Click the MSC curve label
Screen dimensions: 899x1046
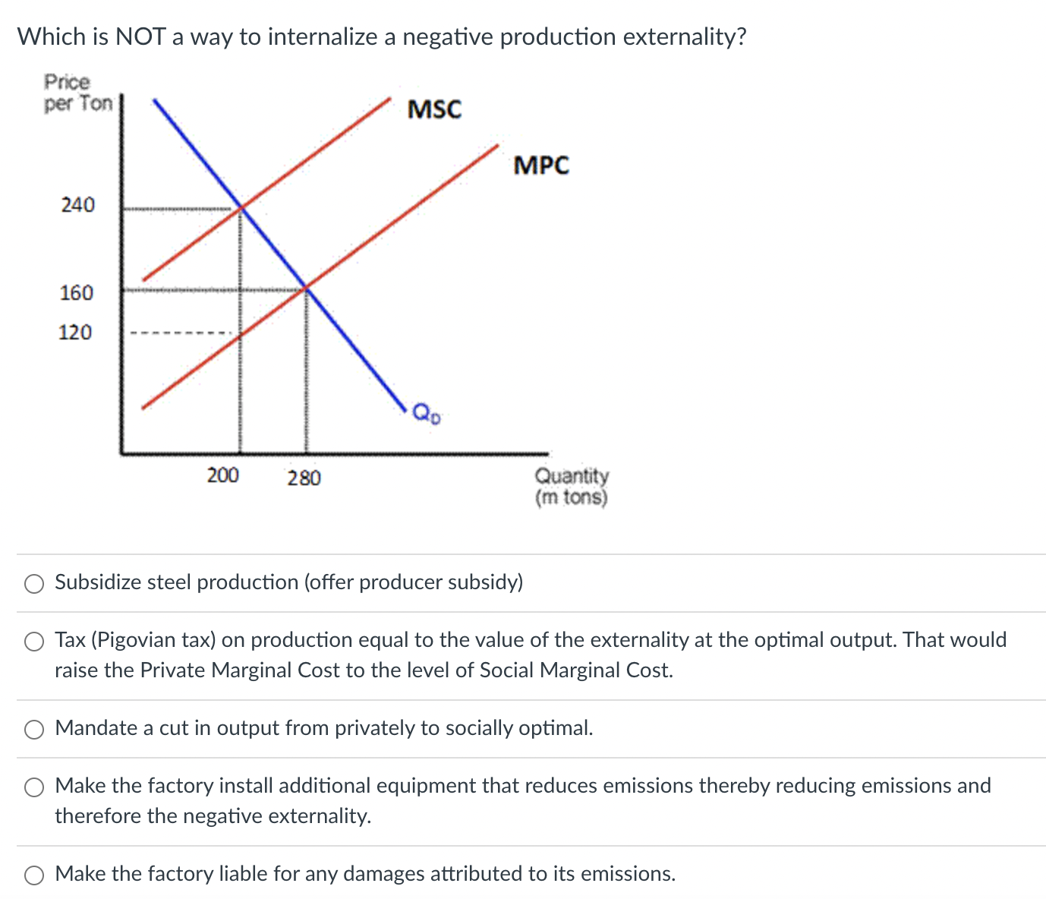(x=434, y=109)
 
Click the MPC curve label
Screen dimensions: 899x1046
(x=540, y=165)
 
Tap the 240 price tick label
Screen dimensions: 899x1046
(x=78, y=205)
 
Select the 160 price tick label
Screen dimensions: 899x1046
(x=77, y=292)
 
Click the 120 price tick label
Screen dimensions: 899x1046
(x=75, y=332)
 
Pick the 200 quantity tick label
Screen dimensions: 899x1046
(x=223, y=475)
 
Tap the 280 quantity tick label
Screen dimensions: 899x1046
(x=304, y=478)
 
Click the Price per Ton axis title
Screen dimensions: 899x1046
(x=77, y=93)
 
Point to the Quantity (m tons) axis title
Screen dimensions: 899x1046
(x=572, y=486)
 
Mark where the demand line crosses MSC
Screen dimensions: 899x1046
(x=241, y=207)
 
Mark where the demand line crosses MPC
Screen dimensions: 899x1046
(x=306, y=289)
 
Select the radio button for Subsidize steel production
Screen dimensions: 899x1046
(x=34, y=583)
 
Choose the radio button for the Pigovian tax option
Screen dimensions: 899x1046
(x=34, y=642)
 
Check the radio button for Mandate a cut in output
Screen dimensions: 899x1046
(x=34, y=729)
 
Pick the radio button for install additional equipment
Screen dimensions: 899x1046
(x=34, y=787)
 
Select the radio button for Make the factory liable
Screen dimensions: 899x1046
(x=34, y=875)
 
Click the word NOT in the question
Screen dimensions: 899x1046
(x=140, y=36)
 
